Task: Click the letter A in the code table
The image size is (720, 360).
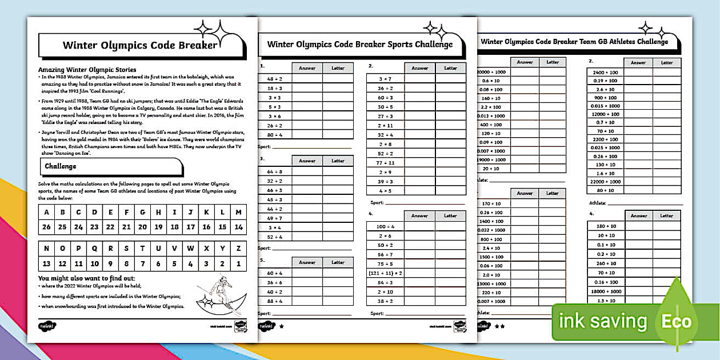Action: [47, 213]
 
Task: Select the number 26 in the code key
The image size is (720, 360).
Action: [47, 226]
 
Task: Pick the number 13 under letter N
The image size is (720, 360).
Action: [47, 264]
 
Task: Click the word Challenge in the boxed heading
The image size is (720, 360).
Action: [60, 166]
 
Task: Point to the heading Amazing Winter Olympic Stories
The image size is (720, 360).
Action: [87, 70]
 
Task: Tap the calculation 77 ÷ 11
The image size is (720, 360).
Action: [385, 163]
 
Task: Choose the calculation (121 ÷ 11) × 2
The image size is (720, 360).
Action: [385, 273]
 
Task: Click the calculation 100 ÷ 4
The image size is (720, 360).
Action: [385, 227]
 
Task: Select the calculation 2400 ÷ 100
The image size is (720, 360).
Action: [605, 73]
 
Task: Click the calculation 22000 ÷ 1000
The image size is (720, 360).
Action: [605, 181]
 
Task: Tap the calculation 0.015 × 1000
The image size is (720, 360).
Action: [605, 106]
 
